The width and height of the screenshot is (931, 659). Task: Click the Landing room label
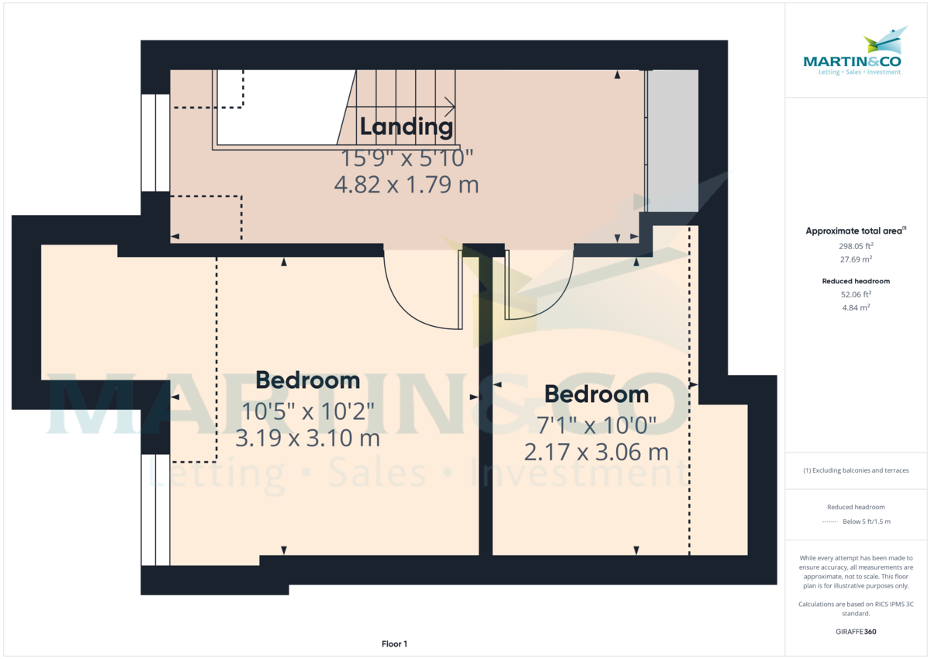tap(407, 127)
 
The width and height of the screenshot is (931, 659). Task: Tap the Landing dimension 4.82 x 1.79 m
tap(406, 185)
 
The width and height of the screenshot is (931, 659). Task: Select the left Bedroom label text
tap(308, 380)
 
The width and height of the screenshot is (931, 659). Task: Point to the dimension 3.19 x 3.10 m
tap(308, 439)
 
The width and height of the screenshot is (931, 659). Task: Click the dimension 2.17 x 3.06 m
tap(597, 452)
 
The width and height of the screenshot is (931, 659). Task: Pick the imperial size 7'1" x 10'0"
tap(597, 425)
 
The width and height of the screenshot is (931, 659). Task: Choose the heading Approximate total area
tap(855, 231)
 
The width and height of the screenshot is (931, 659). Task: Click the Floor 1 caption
tap(394, 643)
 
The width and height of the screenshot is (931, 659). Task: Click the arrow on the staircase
tap(448, 107)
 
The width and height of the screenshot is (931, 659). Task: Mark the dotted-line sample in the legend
tap(829, 522)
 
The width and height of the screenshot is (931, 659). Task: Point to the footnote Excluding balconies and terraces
tap(857, 470)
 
